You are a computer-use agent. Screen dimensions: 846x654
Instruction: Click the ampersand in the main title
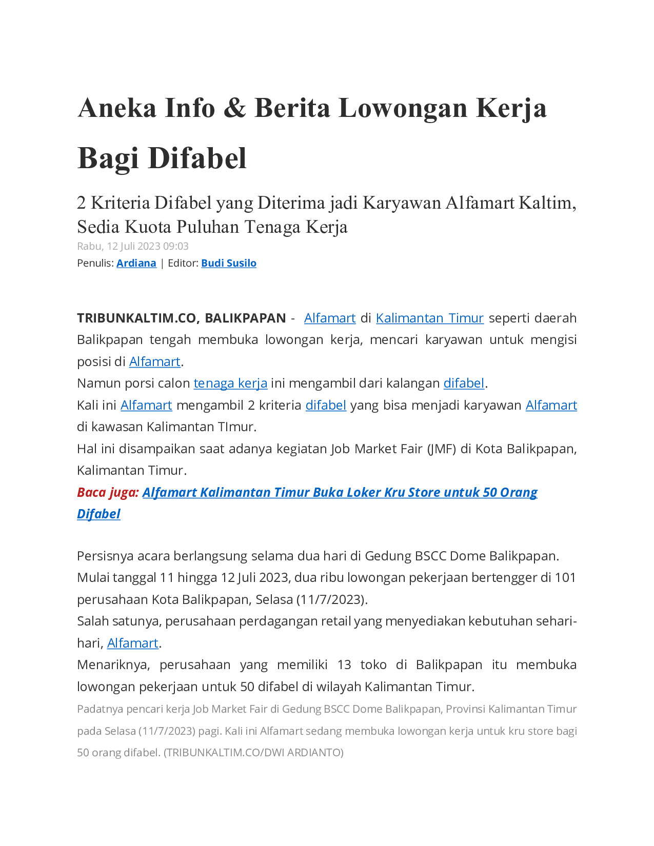pos(234,108)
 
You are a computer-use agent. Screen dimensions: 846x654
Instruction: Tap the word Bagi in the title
pos(108,158)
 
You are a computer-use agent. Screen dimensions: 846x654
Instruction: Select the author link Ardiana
pos(136,263)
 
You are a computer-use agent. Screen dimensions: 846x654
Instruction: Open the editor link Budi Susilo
pos(228,263)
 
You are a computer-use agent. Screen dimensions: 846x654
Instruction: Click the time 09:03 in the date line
pos(175,246)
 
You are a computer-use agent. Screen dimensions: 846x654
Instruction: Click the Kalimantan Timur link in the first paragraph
pos(429,318)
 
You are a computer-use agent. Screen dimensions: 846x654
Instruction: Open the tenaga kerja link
pos(230,383)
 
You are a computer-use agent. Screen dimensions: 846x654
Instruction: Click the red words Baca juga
pos(108,492)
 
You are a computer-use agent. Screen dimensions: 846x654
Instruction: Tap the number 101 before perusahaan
pos(565,577)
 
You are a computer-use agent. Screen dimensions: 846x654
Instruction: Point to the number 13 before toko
pos(344,664)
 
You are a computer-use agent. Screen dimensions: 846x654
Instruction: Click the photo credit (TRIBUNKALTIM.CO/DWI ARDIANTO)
pos(253,752)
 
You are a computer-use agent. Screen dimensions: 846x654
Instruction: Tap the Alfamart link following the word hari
pos(132,643)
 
